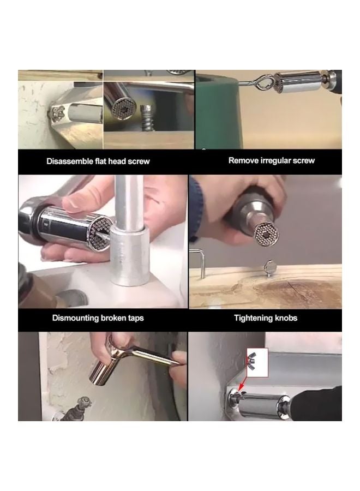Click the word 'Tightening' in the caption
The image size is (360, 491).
pos(253,318)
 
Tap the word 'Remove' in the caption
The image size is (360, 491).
pos(242,160)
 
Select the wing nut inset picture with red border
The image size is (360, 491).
pos(258,362)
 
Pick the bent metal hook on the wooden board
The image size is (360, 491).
pos(200,261)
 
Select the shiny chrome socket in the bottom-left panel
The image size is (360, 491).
pos(105,374)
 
